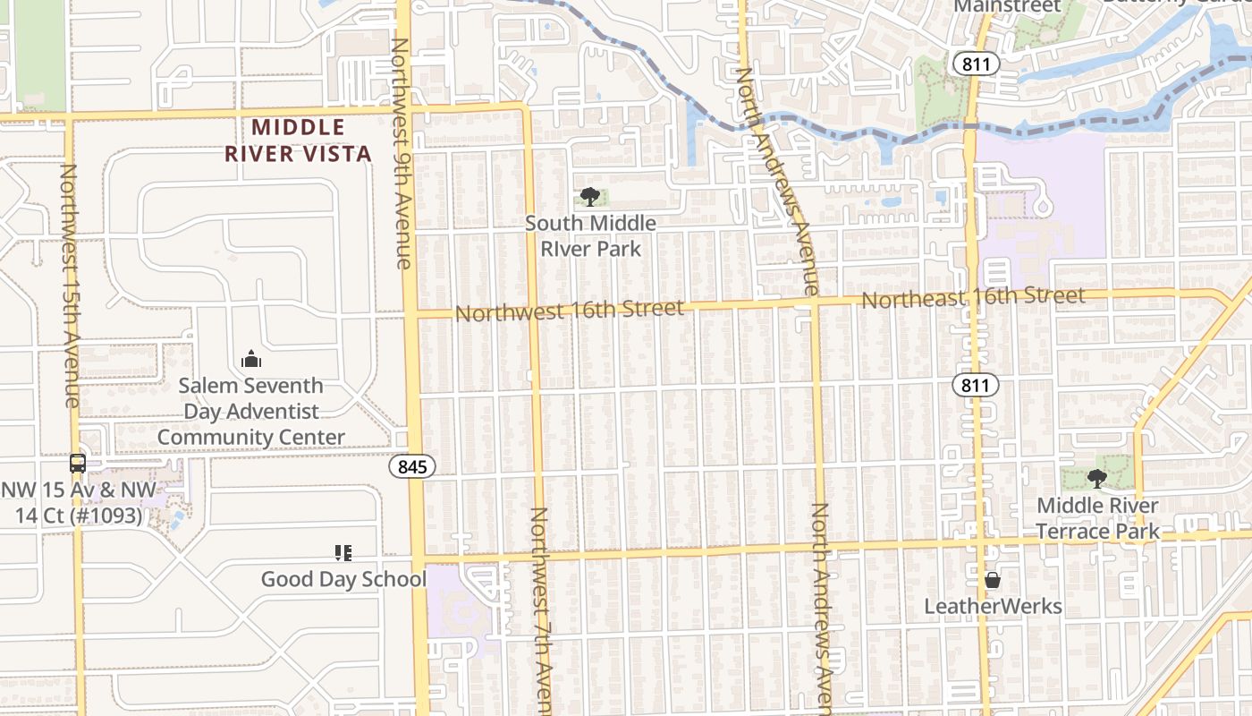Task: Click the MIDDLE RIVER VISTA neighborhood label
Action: point(298,141)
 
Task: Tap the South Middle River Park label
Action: point(590,235)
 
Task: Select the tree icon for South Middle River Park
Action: point(589,197)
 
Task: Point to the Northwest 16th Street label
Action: point(570,310)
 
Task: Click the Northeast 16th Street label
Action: point(973,297)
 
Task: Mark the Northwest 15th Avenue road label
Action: point(70,285)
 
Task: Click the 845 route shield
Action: point(412,466)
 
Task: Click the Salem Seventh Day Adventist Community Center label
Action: point(251,412)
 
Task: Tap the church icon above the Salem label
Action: point(251,360)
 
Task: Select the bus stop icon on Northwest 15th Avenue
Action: point(78,463)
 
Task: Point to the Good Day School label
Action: point(343,579)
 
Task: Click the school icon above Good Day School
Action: point(343,553)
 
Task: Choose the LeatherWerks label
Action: point(993,607)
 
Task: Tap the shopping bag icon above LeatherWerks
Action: point(993,581)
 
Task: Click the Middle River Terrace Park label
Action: point(1098,518)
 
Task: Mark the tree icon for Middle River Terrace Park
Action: point(1097,479)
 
